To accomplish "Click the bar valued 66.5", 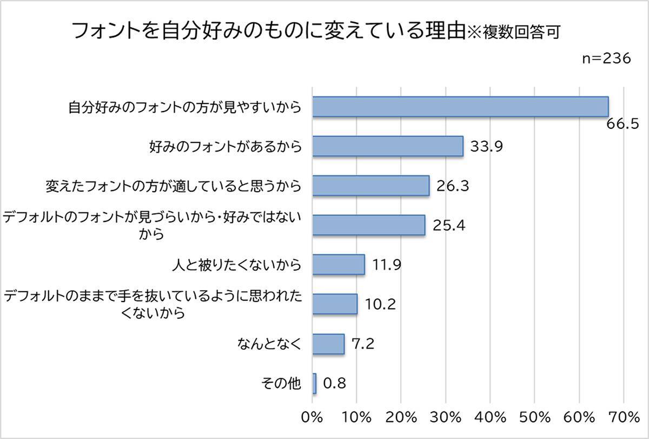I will pyautogui.click(x=460, y=107).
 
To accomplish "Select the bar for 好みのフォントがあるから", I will pyautogui.click(x=388, y=146).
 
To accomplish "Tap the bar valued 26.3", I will pyautogui.click(x=370, y=186).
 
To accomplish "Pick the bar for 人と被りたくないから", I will pyautogui.click(x=339, y=265).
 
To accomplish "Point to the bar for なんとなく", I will pyautogui.click(x=328, y=343).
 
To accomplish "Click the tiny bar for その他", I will pyautogui.click(x=314, y=383).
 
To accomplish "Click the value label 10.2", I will pyautogui.click(x=380, y=304).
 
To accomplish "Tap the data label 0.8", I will pyautogui.click(x=334, y=383).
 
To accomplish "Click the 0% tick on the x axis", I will pyautogui.click(x=312, y=417).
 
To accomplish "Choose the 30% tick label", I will pyautogui.click(x=445, y=417).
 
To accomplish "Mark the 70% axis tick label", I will pyautogui.click(x=623, y=417).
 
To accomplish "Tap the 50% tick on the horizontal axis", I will pyautogui.click(x=534, y=417).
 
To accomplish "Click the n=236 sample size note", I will pyautogui.click(x=606, y=59).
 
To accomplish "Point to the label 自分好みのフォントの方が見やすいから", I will pyautogui.click(x=184, y=107).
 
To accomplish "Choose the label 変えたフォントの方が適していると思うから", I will pyautogui.click(x=173, y=186).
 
